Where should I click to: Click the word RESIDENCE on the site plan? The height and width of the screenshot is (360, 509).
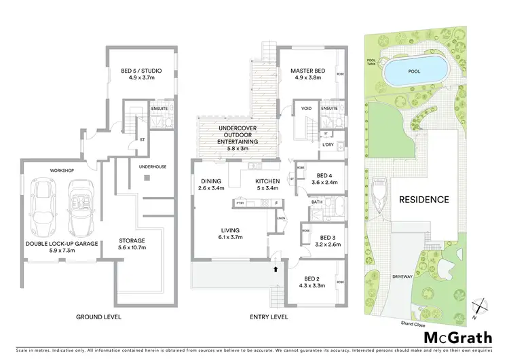pyautogui.click(x=423, y=200)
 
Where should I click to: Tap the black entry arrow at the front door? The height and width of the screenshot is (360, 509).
pyautogui.click(x=275, y=270)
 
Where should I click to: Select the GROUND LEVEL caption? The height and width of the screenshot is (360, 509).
pyautogui.click(x=98, y=317)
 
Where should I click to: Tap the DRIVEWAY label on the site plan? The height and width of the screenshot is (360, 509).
pyautogui.click(x=403, y=277)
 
